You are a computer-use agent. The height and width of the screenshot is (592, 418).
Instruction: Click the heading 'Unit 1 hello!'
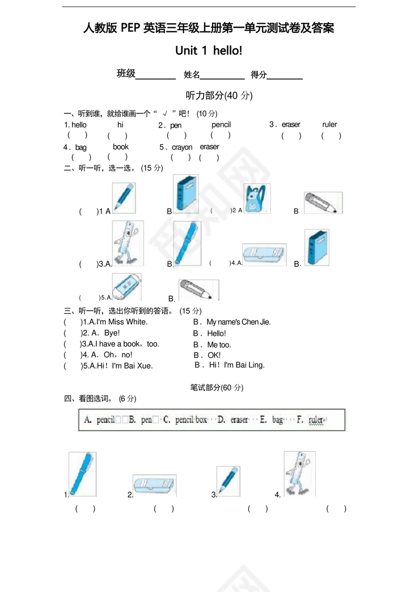coord(208,50)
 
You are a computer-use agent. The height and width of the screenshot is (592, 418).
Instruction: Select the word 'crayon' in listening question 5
coord(182,147)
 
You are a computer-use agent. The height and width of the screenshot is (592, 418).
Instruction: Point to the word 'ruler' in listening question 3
coord(329,125)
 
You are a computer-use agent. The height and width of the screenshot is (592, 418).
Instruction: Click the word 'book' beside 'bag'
coord(120,147)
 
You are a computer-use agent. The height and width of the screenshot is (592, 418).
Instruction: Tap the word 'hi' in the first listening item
coord(120,125)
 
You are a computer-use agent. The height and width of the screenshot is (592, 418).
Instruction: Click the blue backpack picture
coord(257,199)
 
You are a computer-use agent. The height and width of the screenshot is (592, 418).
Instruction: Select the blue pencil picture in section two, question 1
coord(123,197)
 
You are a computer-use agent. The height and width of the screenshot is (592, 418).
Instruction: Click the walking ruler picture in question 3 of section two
coord(127,243)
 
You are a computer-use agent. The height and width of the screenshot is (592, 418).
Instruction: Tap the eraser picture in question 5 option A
coord(126,286)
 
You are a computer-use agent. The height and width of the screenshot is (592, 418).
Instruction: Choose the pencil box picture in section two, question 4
coord(264,255)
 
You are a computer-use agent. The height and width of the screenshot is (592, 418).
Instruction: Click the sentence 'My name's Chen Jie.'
coord(238,322)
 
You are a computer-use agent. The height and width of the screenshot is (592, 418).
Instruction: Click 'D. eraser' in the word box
coord(233,420)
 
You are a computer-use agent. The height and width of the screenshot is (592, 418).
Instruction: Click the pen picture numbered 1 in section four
coord(82,474)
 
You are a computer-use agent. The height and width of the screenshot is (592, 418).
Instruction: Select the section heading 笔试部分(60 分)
coord(217,387)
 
